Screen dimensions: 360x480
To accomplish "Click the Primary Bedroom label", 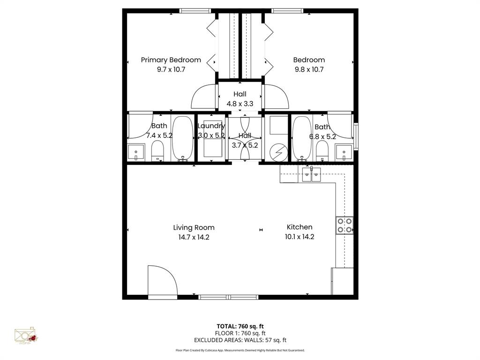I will pyautogui.click(x=171, y=60).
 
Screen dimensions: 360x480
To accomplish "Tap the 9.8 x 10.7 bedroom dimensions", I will pyautogui.click(x=309, y=69).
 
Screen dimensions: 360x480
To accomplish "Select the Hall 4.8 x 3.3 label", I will pyautogui.click(x=240, y=99).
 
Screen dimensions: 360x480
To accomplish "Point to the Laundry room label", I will pyautogui.click(x=211, y=126).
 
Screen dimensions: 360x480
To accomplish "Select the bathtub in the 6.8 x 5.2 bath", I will pyautogui.click(x=302, y=138).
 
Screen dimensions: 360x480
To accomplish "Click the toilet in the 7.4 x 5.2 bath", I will pyautogui.click(x=157, y=151).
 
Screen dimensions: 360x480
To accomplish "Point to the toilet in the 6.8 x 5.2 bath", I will pyautogui.click(x=322, y=151).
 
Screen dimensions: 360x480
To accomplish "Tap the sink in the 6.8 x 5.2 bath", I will pyautogui.click(x=344, y=152).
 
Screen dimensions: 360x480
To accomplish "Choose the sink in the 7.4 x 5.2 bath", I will pyautogui.click(x=136, y=152).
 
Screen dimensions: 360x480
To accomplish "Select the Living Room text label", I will pyautogui.click(x=194, y=228).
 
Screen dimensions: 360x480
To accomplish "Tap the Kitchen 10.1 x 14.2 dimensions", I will pyautogui.click(x=300, y=237).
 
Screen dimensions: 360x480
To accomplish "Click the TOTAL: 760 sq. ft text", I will pyautogui.click(x=240, y=326).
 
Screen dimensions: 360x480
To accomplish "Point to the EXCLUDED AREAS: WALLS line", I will pyautogui.click(x=240, y=340).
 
